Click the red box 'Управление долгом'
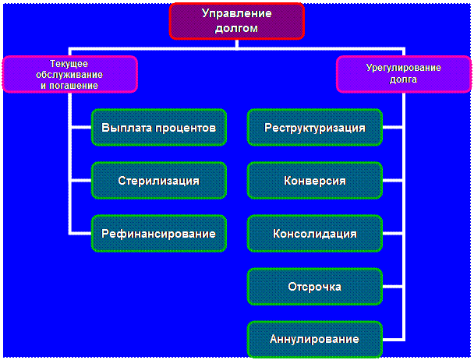click(x=237, y=21)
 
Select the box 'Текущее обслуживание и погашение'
click(x=69, y=74)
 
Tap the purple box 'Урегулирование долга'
click(x=403, y=74)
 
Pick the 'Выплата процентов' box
click(x=158, y=127)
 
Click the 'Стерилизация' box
click(x=158, y=181)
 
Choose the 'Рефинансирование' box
click(x=158, y=233)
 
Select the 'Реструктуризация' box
click(x=315, y=127)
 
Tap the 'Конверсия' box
click(x=315, y=181)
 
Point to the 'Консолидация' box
click(x=315, y=233)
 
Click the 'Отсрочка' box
click(x=315, y=286)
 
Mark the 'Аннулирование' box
click(x=315, y=339)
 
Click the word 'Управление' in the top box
click(x=237, y=14)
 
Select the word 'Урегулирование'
click(x=403, y=68)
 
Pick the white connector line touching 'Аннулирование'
click(x=394, y=339)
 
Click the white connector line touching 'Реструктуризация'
click(x=394, y=127)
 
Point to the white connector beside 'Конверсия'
click(x=394, y=181)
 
